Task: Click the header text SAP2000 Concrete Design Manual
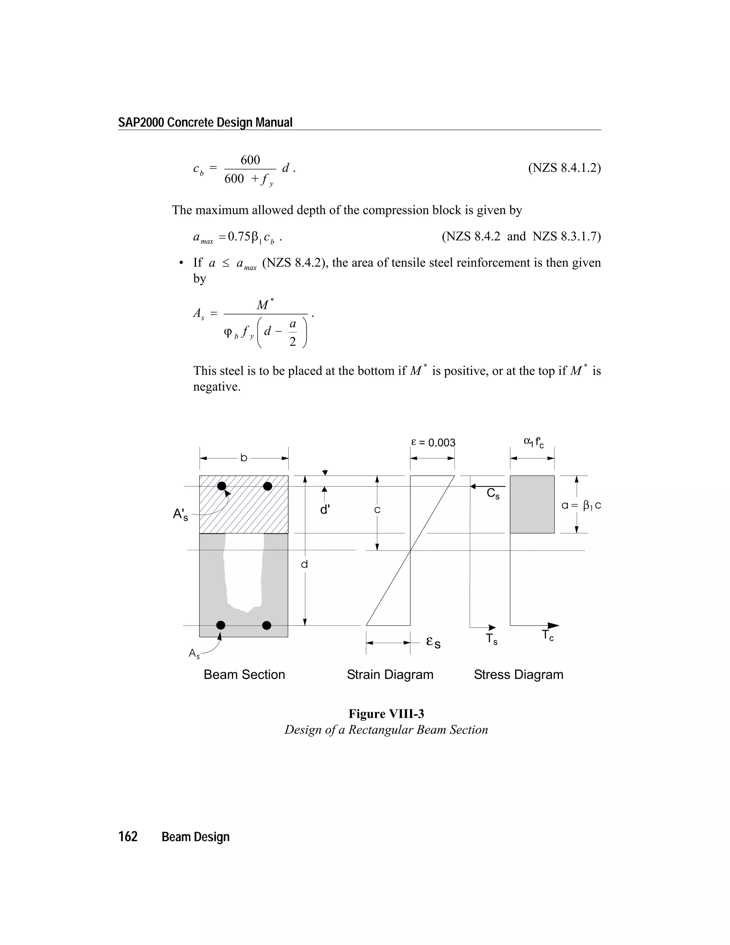click(205, 122)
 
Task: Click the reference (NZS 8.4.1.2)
click(564, 168)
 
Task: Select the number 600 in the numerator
click(250, 160)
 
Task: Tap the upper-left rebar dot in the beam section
click(221, 486)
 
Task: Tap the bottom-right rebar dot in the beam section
click(267, 625)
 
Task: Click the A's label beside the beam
click(180, 515)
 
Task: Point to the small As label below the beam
click(194, 654)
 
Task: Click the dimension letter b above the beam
click(244, 458)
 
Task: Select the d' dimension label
click(325, 510)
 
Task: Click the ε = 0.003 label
click(433, 442)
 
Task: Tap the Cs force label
click(493, 493)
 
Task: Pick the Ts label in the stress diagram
click(492, 639)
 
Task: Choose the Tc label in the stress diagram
click(547, 635)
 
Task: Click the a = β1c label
click(581, 505)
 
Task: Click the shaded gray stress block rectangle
click(532, 504)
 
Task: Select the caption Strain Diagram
click(390, 675)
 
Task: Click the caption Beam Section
click(244, 675)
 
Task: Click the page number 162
click(128, 836)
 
